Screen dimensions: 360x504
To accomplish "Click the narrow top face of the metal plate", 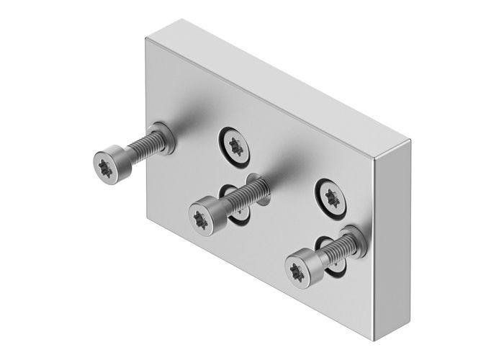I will coord(281,79).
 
